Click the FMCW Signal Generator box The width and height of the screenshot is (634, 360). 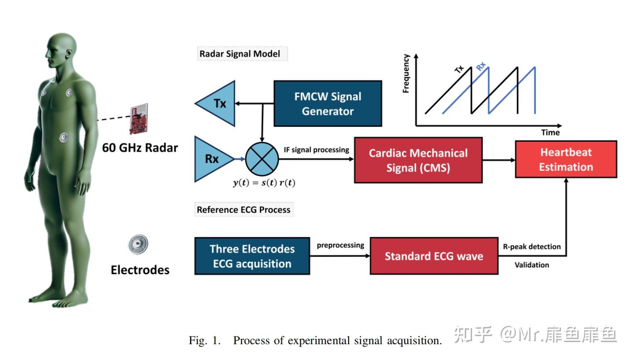tap(328, 103)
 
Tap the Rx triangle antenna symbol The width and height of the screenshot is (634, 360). tap(212, 159)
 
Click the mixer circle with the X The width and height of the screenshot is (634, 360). tap(262, 159)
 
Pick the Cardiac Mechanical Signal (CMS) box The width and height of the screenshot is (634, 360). tap(418, 160)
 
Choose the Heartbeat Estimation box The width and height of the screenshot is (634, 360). tap(566, 159)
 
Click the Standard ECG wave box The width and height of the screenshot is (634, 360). tap(434, 256)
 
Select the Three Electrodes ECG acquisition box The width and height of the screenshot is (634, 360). tap(252, 256)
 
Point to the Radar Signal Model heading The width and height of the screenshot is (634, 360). tap(240, 54)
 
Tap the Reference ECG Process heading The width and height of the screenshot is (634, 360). tap(243, 209)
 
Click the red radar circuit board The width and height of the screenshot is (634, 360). tap(138, 119)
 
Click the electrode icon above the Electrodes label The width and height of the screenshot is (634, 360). tap(138, 244)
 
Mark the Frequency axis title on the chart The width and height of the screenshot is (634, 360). tap(406, 73)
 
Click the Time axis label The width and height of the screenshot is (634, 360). tap(550, 132)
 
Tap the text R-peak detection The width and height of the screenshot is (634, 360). tap(532, 246)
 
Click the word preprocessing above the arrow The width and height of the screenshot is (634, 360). tap(340, 245)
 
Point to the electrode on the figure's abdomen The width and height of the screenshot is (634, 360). tap(64, 137)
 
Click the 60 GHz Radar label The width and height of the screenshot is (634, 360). tap(140, 147)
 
